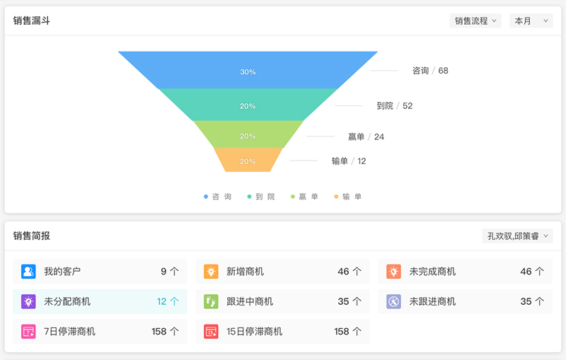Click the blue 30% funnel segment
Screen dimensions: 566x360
point(248,70)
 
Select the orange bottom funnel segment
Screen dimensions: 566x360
point(248,160)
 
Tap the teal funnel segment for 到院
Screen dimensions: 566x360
point(248,105)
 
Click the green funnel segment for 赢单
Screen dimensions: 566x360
point(248,134)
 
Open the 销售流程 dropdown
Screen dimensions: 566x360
point(475,21)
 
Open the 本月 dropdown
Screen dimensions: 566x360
point(531,21)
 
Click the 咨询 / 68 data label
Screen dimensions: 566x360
point(430,71)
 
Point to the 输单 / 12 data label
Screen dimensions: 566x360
point(349,161)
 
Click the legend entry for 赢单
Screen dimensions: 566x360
point(304,197)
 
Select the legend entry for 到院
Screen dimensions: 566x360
point(261,197)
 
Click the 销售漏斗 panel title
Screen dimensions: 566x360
point(31,21)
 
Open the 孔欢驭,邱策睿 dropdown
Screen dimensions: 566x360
point(517,236)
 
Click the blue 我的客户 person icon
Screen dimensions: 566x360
point(28,272)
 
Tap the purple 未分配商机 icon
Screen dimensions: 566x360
point(28,301)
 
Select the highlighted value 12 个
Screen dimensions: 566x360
point(168,301)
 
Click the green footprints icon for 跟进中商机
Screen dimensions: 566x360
point(211,301)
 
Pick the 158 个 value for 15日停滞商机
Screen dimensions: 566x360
point(347,331)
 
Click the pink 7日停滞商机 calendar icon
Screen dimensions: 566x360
point(28,331)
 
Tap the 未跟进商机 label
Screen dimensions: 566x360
point(432,301)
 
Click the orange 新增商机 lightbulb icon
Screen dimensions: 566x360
point(211,272)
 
